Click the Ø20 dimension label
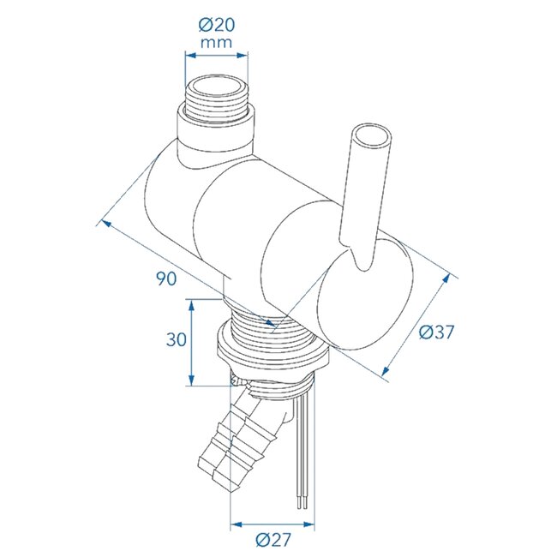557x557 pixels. point(218,23)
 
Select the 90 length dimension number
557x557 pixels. point(167,279)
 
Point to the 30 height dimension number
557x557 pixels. point(177,339)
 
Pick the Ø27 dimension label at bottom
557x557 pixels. point(273,541)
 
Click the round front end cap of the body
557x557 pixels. point(365,296)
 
